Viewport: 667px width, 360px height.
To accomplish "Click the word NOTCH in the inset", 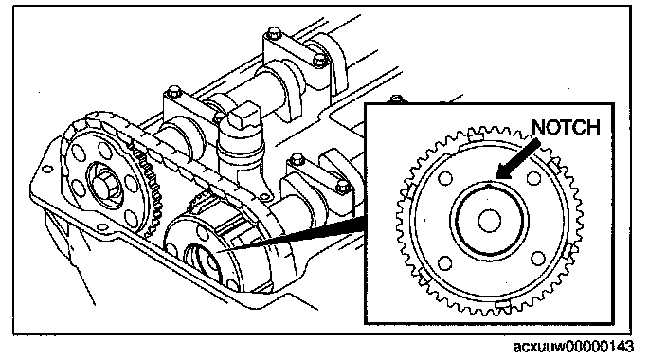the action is (x=566, y=127).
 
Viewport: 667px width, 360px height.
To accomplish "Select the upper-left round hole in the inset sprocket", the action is (x=445, y=177).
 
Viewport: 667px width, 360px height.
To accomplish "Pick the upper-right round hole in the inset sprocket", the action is (x=533, y=177).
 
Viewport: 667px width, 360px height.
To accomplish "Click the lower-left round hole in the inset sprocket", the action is (x=444, y=263).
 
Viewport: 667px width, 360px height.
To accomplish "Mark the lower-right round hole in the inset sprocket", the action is (x=538, y=259).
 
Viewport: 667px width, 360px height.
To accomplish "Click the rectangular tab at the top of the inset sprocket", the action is (x=476, y=137).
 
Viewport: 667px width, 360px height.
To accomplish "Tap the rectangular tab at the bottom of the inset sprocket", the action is (x=503, y=303).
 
